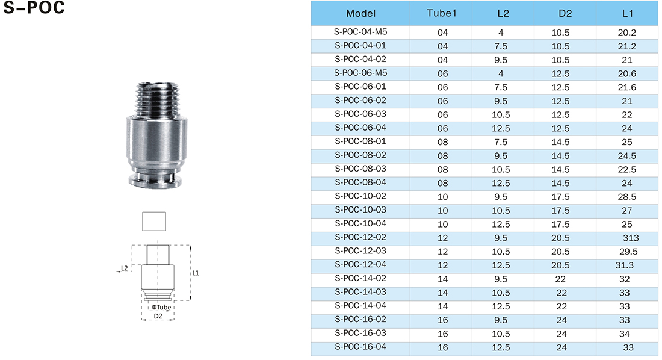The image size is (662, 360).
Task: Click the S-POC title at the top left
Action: [34, 7]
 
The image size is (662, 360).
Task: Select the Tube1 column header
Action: [441, 13]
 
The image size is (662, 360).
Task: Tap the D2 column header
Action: [565, 13]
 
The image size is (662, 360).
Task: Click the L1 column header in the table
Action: [627, 13]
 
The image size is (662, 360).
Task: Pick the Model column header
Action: [360, 13]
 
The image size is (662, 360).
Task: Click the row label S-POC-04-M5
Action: [360, 32]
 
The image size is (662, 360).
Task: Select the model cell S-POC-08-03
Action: [360, 169]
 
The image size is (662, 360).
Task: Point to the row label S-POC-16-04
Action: [360, 347]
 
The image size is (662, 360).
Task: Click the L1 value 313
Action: [631, 238]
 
